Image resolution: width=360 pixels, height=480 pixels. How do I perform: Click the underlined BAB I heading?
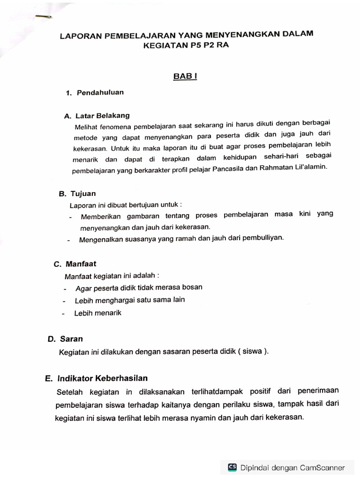point(185,76)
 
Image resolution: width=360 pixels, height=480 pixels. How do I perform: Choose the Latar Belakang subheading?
point(102,115)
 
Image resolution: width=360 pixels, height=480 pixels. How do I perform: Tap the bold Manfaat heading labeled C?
point(81,264)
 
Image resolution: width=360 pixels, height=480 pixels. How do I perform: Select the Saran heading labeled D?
point(71,338)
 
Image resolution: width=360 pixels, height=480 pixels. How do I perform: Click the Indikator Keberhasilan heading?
point(103,378)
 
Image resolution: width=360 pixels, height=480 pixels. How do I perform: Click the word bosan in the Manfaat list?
point(192,287)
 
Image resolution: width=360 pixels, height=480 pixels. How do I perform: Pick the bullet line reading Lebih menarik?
point(97,313)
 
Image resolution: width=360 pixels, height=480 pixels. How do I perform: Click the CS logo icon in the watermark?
point(232,467)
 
